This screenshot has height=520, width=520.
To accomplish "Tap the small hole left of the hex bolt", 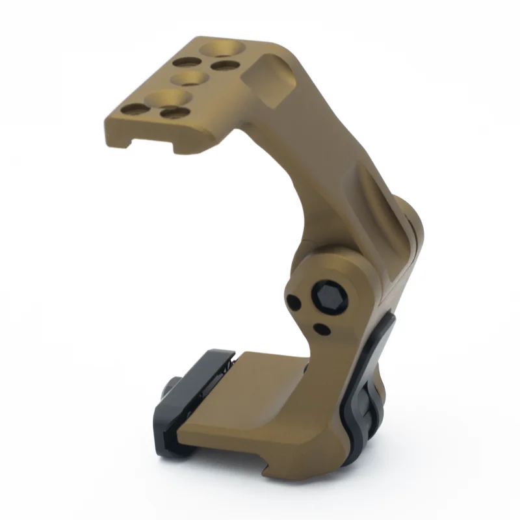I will [x=294, y=302].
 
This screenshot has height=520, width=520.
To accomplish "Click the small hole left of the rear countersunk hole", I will [x=187, y=61].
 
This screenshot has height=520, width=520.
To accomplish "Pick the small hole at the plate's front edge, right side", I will [x=174, y=113].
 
